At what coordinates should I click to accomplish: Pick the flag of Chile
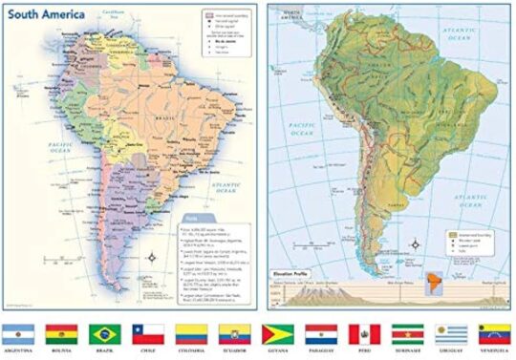click(x=148, y=334)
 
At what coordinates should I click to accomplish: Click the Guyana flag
click(x=277, y=334)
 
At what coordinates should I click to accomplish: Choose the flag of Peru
click(x=363, y=334)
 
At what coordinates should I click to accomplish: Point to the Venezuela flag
click(x=494, y=334)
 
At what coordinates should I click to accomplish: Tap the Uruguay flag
click(x=450, y=334)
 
